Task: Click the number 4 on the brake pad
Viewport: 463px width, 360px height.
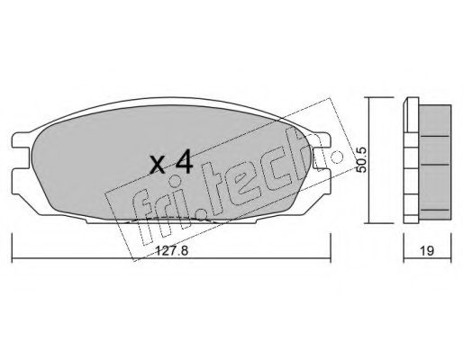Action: point(183,163)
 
